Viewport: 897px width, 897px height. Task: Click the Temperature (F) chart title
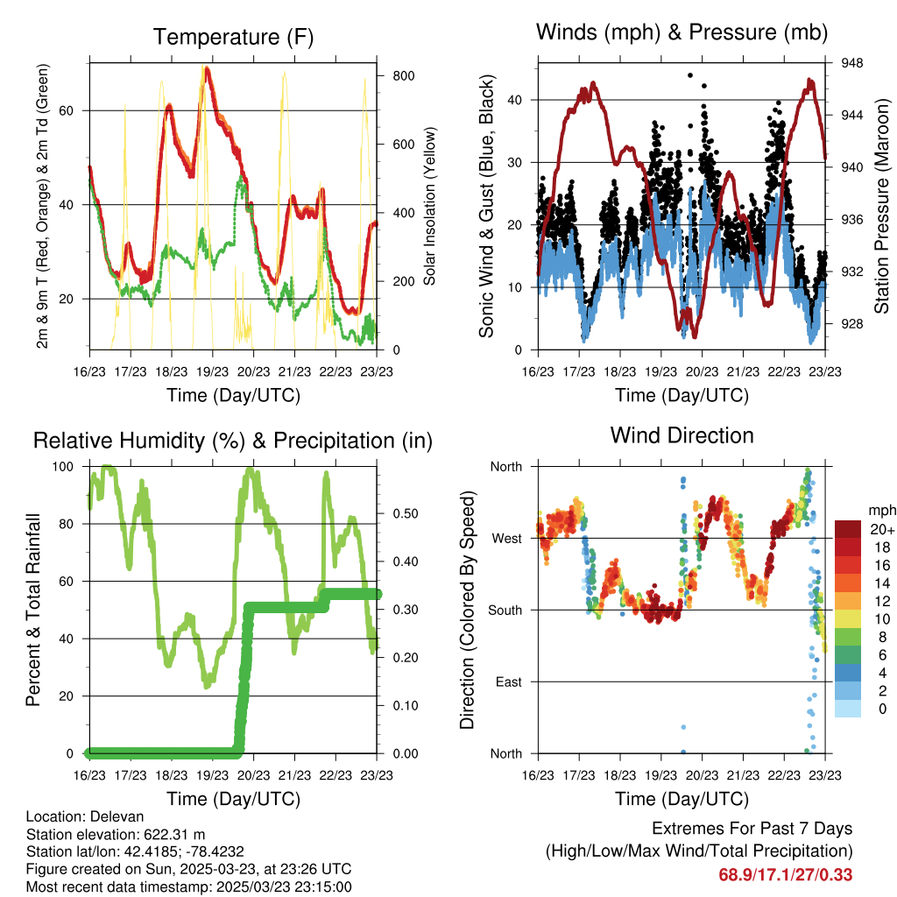(233, 37)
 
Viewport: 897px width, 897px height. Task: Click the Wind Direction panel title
(682, 435)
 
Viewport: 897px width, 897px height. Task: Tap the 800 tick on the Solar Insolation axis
(404, 76)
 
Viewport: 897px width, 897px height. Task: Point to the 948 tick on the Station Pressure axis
(851, 63)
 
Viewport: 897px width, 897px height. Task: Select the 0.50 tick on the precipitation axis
(406, 513)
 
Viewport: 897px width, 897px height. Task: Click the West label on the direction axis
(507, 539)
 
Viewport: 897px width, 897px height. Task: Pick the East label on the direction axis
(509, 682)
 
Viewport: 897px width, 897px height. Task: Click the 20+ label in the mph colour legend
(882, 530)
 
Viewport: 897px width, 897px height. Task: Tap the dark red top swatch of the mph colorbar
(848, 529)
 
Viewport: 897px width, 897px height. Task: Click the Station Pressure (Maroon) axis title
(881, 206)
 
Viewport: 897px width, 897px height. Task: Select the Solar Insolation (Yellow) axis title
(429, 206)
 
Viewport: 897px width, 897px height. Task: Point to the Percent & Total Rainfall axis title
(33, 610)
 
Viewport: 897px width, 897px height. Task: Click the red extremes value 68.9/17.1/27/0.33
(786, 875)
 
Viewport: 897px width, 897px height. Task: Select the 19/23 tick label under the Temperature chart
(212, 371)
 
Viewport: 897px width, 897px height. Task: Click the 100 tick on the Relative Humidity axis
(63, 467)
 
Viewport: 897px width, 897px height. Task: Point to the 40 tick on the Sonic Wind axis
(515, 100)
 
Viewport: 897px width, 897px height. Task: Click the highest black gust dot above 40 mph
(690, 75)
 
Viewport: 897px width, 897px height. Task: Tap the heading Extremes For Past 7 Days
(752, 829)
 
